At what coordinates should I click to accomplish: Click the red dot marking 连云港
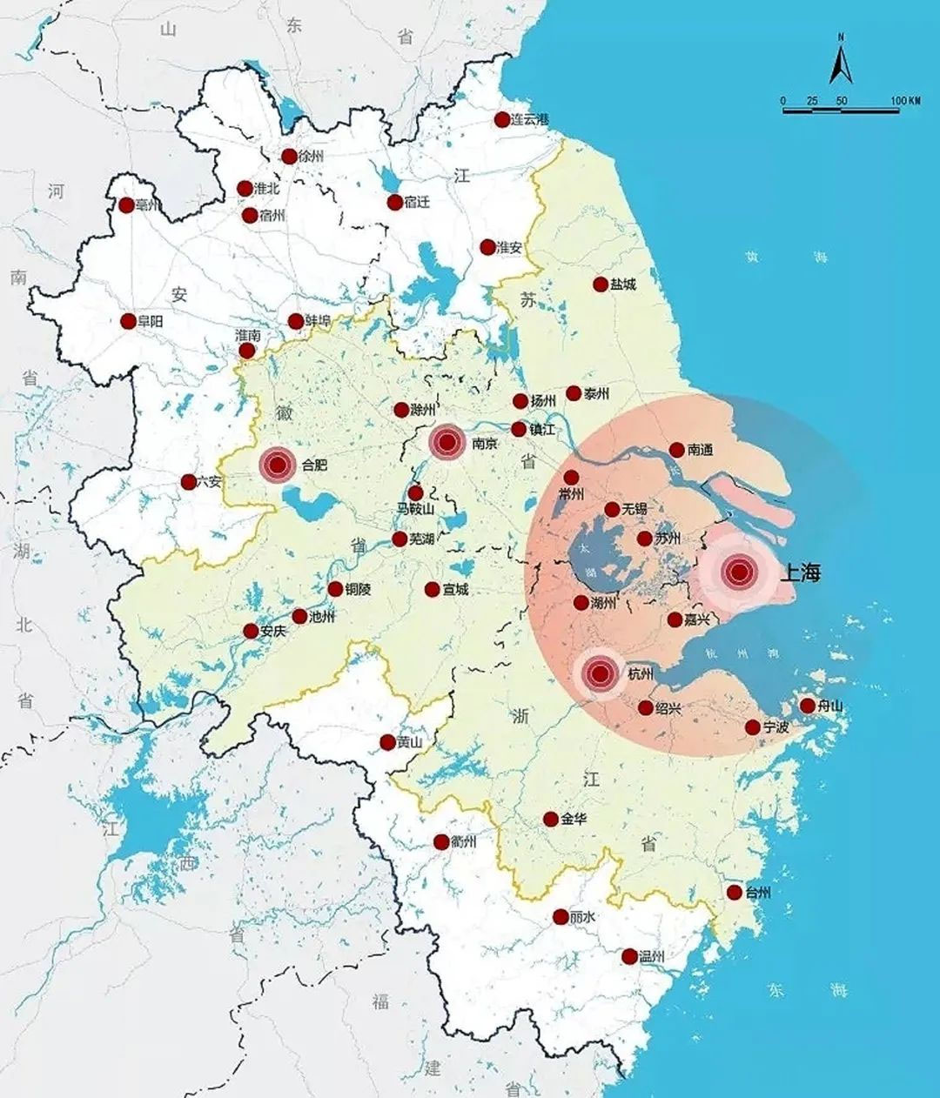click(x=502, y=119)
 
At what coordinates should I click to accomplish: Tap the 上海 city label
click(x=800, y=572)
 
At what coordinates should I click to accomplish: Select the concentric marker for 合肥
click(x=278, y=465)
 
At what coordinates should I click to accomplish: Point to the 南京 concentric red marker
click(x=447, y=443)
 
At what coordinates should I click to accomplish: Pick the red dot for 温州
click(x=629, y=956)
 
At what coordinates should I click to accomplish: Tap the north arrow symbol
click(x=840, y=64)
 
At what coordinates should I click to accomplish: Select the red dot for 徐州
click(x=289, y=157)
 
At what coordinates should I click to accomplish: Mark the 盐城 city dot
click(x=601, y=284)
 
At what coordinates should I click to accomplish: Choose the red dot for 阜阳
click(x=128, y=321)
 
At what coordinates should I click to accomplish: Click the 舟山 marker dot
click(x=807, y=706)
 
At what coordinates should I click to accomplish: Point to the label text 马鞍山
click(x=416, y=509)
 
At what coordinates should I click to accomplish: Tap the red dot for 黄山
click(x=387, y=742)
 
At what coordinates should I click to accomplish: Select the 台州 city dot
click(x=734, y=893)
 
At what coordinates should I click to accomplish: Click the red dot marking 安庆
click(x=251, y=631)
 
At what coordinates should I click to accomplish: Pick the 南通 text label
click(x=700, y=450)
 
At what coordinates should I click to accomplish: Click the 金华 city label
click(x=574, y=819)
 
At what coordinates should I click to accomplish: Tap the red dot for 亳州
click(x=126, y=205)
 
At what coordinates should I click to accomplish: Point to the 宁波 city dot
click(x=753, y=727)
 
